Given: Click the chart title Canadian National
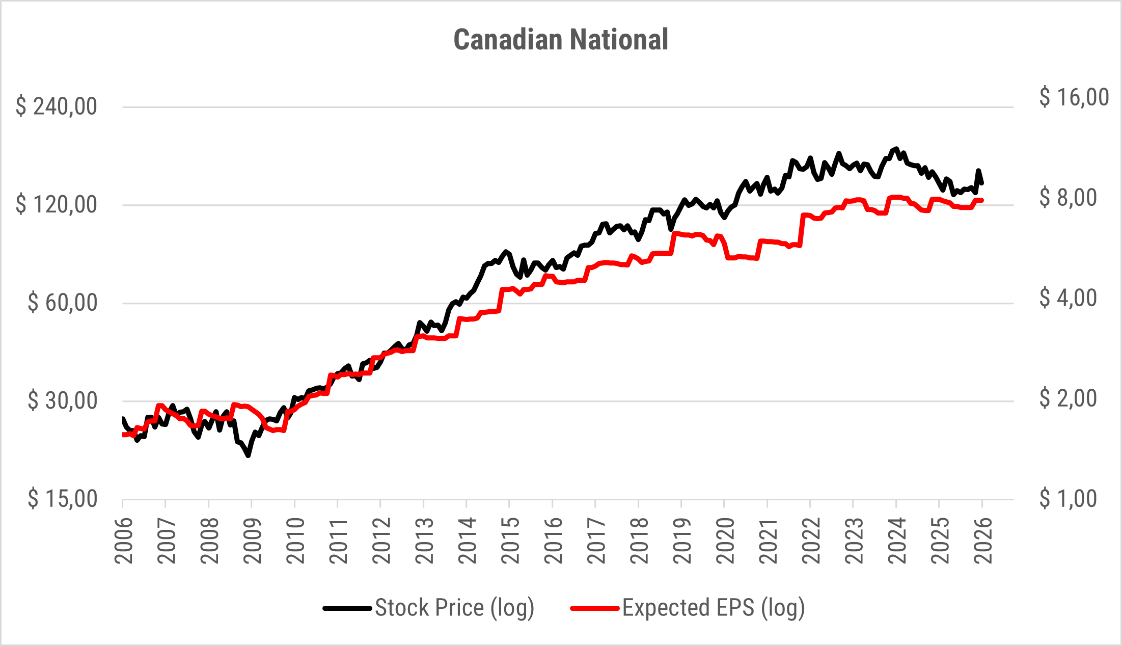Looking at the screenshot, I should (x=561, y=40).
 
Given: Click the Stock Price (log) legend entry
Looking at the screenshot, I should (x=454, y=608).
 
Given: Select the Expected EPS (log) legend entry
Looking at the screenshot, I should (x=713, y=608).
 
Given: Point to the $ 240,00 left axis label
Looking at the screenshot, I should (x=57, y=106).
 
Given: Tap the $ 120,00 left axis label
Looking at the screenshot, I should (x=57, y=205).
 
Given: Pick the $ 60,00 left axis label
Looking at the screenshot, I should (x=63, y=303).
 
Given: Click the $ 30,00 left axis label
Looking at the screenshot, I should (x=63, y=401).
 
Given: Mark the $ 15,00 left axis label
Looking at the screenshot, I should (x=63, y=499).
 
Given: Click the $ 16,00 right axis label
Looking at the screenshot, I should (x=1074, y=97).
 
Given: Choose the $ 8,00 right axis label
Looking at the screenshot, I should (x=1068, y=197).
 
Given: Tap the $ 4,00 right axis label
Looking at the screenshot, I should (x=1068, y=298).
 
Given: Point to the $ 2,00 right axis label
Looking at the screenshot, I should (x=1068, y=398).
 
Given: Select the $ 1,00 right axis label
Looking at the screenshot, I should (x=1068, y=498).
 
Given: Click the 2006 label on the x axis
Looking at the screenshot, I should (x=124, y=540).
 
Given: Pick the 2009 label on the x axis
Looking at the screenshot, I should (x=253, y=540).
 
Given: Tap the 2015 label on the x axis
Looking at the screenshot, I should (x=510, y=540).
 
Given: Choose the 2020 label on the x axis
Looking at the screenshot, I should (x=725, y=540).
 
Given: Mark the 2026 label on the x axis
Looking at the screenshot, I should (x=983, y=540).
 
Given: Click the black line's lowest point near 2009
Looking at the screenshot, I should (x=248, y=455).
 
